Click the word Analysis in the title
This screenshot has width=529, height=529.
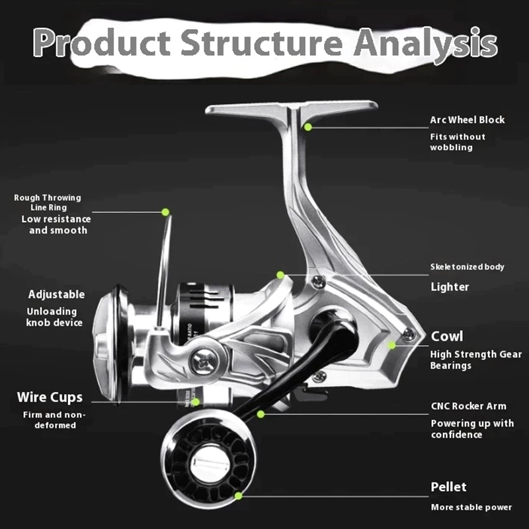click(425, 44)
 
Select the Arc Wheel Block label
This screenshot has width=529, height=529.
click(468, 120)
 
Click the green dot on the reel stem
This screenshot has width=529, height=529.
click(308, 127)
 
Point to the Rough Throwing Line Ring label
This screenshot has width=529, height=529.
click(48, 202)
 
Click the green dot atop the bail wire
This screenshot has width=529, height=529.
click(165, 212)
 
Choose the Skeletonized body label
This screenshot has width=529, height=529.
click(468, 267)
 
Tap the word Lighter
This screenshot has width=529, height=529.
click(450, 287)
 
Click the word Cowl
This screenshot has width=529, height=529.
click(447, 336)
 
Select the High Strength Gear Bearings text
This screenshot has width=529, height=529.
click(475, 360)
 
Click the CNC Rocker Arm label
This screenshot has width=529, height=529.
click(469, 406)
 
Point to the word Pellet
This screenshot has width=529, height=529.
click(449, 487)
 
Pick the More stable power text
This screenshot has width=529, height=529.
click(471, 507)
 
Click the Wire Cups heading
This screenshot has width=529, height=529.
click(50, 397)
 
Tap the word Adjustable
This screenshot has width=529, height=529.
click(56, 294)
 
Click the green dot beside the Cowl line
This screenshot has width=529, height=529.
click(391, 345)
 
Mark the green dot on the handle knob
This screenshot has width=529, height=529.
click(239, 495)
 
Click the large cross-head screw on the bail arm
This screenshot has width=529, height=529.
click(204, 362)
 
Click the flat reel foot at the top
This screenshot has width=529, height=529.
click(292, 108)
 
